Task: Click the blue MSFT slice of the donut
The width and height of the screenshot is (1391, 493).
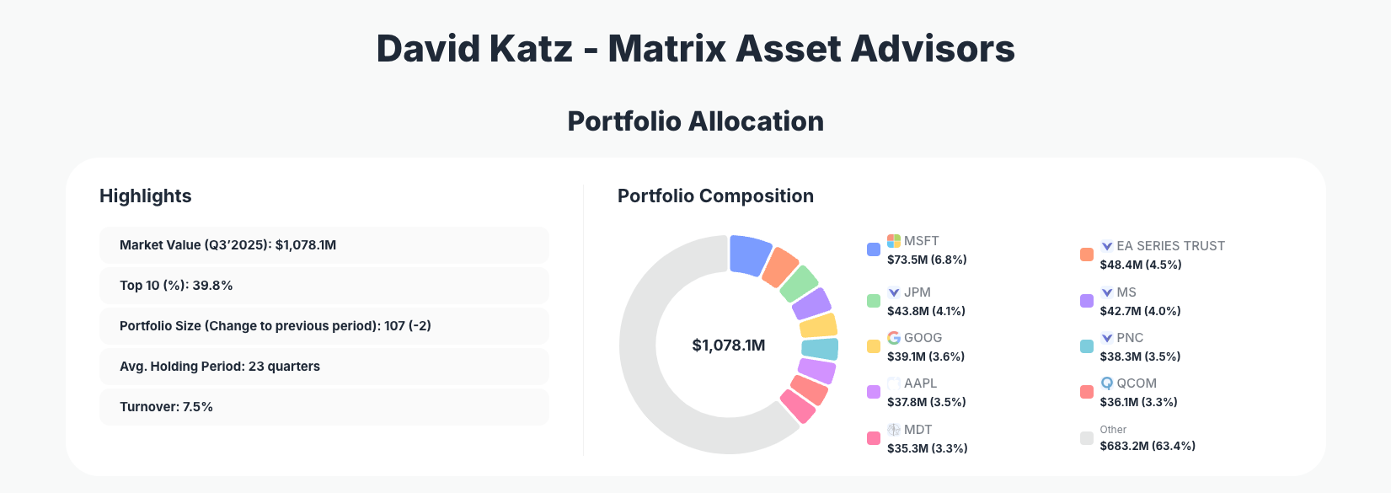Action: coord(749,255)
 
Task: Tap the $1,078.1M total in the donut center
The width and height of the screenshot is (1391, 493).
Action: coord(728,346)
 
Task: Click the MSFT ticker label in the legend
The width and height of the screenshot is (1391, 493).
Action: coord(921,241)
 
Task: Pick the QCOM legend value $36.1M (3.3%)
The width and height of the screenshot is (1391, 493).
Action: coord(1138,402)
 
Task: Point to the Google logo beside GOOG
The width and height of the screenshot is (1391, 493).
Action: coord(894,338)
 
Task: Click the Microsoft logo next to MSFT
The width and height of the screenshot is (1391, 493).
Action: coord(894,241)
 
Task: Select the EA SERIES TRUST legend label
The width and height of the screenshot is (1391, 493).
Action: coord(1170,246)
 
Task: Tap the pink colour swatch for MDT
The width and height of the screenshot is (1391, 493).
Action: coord(874,438)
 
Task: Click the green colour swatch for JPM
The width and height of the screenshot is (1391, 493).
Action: coord(874,301)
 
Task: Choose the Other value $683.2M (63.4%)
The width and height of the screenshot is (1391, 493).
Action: coord(1148,446)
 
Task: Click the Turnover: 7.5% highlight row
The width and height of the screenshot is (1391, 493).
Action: coord(324,407)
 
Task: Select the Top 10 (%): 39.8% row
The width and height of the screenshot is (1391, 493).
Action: coord(324,286)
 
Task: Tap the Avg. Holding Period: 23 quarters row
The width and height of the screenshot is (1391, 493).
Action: coord(324,367)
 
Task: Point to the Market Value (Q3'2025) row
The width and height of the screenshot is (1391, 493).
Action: coord(324,245)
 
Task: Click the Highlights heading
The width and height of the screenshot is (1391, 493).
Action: coord(146,196)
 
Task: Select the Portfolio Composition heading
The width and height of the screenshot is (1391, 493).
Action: coord(715,196)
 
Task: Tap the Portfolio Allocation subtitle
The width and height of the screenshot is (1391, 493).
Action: coord(695,121)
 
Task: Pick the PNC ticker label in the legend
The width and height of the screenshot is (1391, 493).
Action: coord(1130,338)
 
